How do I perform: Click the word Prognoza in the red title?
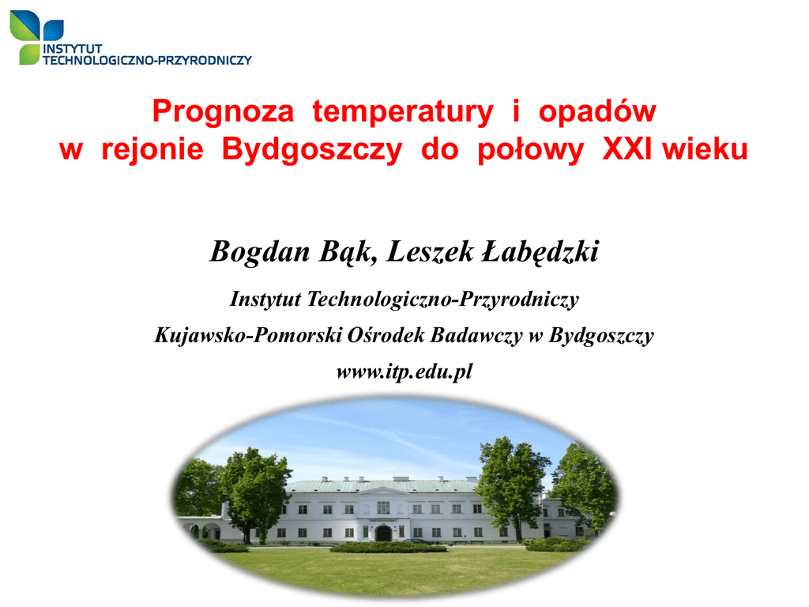click(x=223, y=112)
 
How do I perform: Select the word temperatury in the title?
click(x=403, y=112)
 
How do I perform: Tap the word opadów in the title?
click(x=597, y=111)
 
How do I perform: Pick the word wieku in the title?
click(x=705, y=149)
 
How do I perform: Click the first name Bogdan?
click(x=260, y=252)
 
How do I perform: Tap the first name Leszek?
click(x=430, y=252)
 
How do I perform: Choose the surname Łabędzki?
click(x=540, y=252)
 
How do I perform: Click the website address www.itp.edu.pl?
click(x=404, y=371)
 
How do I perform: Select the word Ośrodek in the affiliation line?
click(x=386, y=335)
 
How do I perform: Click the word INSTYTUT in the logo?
click(x=72, y=49)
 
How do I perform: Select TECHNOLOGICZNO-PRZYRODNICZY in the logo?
click(x=147, y=60)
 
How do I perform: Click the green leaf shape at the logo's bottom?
click(x=29, y=55)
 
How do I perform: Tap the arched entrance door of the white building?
click(x=383, y=533)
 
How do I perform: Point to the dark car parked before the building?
click(x=416, y=541)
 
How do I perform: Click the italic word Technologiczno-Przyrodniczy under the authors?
click(x=442, y=300)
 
